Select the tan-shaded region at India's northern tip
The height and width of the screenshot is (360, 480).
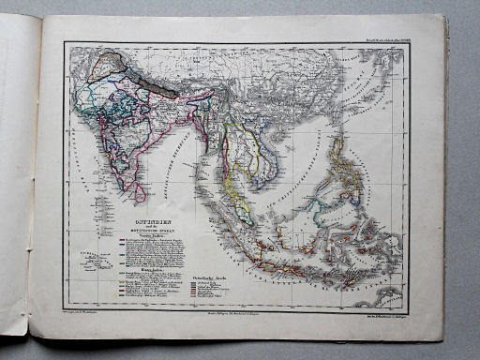[117, 64]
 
